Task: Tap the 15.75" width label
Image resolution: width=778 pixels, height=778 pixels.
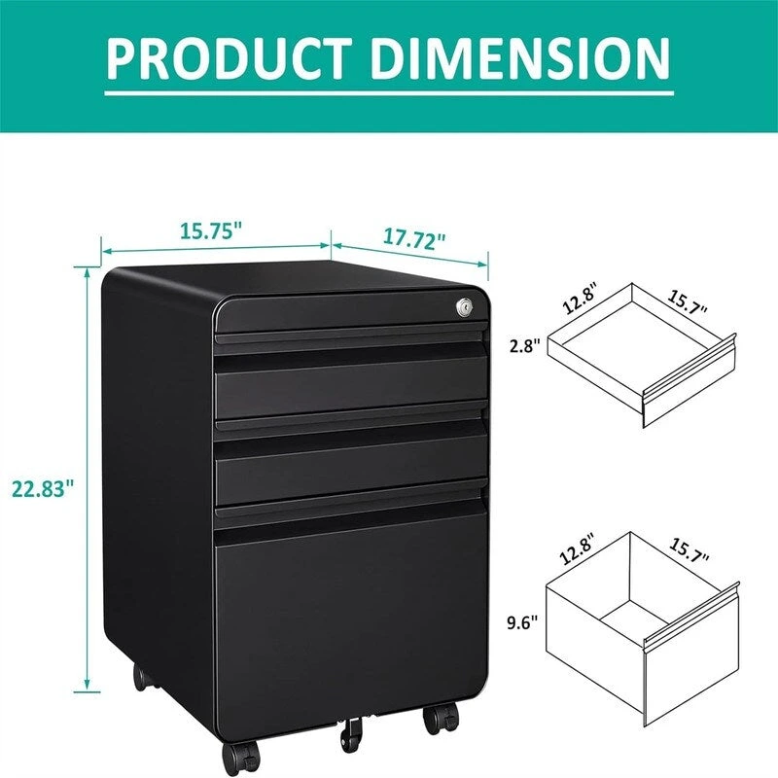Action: coord(210,230)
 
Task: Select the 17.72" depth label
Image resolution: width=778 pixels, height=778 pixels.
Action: coord(412,237)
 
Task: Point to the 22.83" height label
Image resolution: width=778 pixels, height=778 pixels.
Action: coord(44,488)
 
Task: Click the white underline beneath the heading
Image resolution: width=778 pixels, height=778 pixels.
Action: coord(389,94)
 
